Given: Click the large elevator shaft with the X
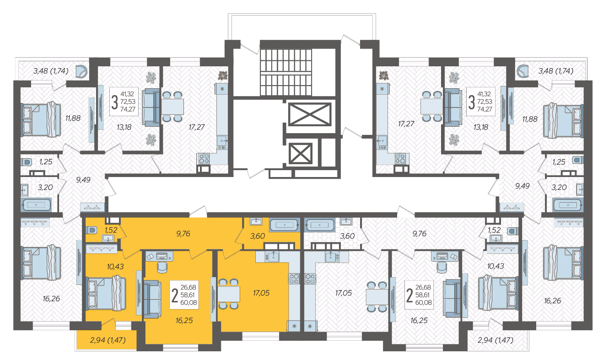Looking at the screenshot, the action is point(310,114).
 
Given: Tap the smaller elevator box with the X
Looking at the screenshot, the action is point(300,153).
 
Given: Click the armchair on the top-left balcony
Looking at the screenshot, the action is point(82,72).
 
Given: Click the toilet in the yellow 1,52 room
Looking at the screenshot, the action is point(91,230).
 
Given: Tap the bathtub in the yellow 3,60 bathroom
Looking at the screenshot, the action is point(285,225).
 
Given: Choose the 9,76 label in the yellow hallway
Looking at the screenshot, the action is point(183,234).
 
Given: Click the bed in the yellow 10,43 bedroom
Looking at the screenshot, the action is point(106,293).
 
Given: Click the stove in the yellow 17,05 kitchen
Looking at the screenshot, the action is point(293,278).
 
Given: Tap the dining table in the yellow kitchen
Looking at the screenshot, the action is point(229,294).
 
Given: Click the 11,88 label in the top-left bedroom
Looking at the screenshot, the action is point(73,118).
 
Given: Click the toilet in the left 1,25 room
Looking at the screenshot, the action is point(26,162).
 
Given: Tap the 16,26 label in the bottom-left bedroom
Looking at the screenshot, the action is point(51,299).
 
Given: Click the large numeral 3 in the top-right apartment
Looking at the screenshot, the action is point(472,102).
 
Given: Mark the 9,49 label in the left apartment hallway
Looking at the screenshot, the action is point(83,180).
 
